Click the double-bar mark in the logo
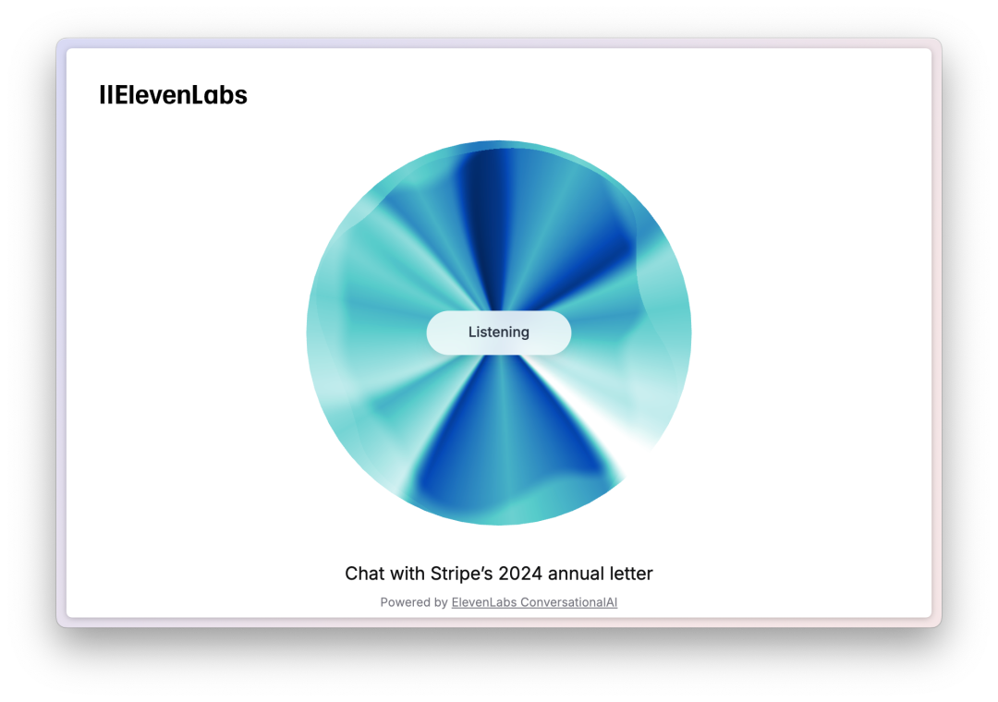click(105, 95)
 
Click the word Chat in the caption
click(365, 574)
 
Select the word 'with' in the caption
click(408, 574)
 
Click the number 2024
click(520, 574)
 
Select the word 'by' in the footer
click(441, 603)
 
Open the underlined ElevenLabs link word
click(483, 602)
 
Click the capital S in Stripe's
click(436, 574)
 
